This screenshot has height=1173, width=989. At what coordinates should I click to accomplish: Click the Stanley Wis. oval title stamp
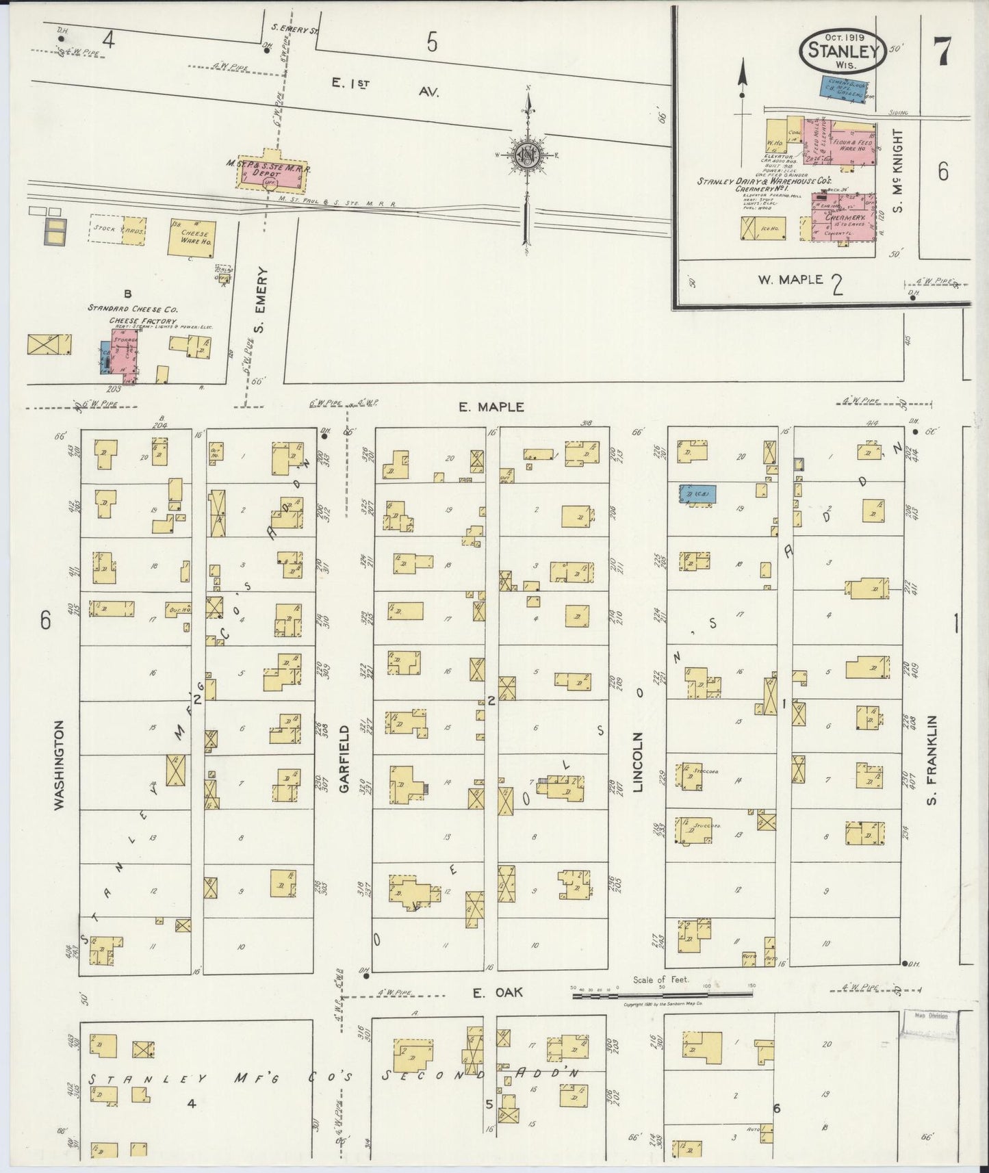click(x=843, y=50)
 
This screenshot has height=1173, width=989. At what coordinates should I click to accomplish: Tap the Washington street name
click(x=60, y=764)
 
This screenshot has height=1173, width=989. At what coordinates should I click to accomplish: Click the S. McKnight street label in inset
click(x=898, y=171)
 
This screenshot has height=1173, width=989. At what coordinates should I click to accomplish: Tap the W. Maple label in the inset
click(x=789, y=279)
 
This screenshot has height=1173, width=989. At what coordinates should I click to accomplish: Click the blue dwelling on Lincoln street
click(x=697, y=495)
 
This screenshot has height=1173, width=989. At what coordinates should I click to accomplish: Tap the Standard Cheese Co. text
click(x=133, y=309)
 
